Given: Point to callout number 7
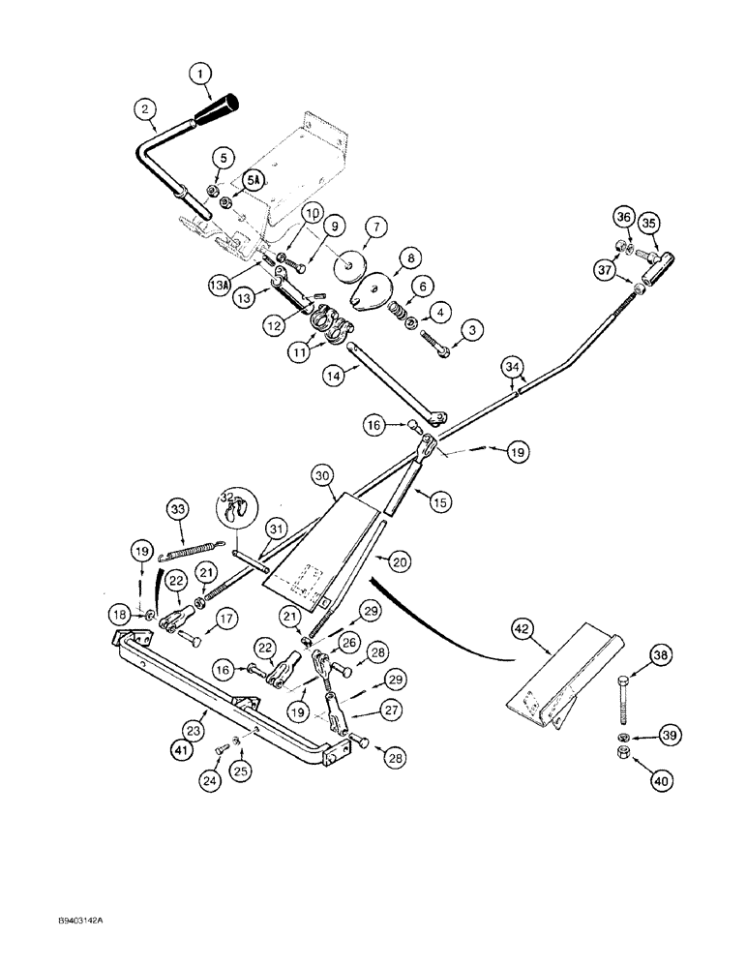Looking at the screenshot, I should pos(374,227).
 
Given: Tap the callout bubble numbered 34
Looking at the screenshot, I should pos(514,366).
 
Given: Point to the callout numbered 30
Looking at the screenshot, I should pos(322,475).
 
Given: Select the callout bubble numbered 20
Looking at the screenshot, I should pos(395,559).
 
